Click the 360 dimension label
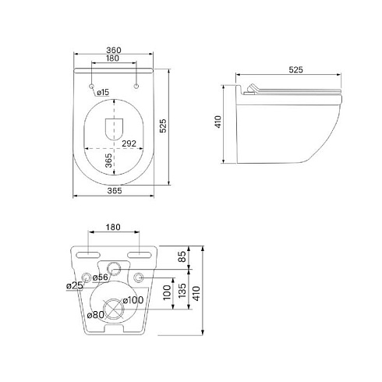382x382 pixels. (114, 50)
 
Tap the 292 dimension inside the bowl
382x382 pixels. (129, 143)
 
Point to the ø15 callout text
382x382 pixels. (103, 92)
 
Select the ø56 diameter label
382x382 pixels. (101, 278)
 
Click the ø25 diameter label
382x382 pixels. (75, 286)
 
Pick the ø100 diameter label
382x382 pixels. (133, 300)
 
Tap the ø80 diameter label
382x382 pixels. (96, 315)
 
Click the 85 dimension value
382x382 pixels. (182, 256)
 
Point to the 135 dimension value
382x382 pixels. (182, 291)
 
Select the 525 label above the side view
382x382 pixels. (296, 69)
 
